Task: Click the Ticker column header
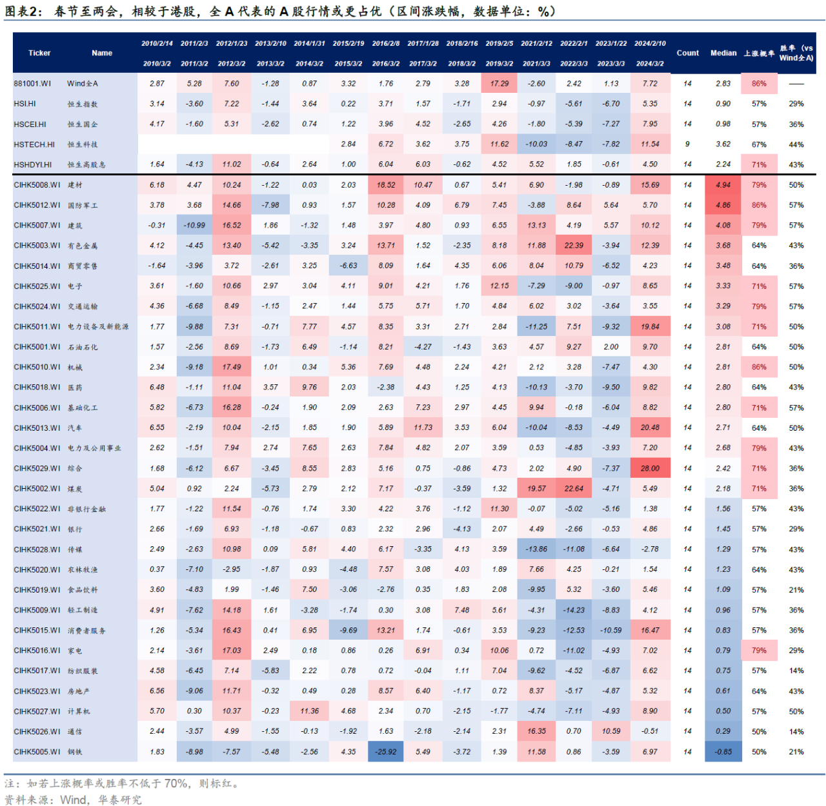coord(39,53)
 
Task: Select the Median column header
coord(723,53)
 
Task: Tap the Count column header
coord(688,53)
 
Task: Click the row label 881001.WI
coord(32,83)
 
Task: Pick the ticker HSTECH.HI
coord(34,144)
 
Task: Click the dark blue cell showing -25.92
coord(386,751)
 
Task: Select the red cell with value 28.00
coord(650,468)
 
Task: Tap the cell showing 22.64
coord(574,488)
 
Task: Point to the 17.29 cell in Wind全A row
coord(499,83)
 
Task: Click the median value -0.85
coord(723,751)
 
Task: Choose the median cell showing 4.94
coord(723,185)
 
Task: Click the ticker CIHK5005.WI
coord(37,752)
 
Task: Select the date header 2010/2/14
coord(157,44)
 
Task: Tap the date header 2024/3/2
coord(650,64)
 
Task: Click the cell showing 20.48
coord(650,428)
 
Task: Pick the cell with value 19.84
coord(650,326)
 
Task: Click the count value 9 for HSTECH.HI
coord(687,144)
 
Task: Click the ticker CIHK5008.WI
coord(37,185)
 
